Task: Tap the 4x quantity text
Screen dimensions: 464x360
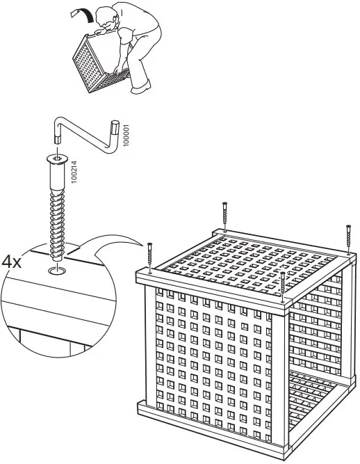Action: click(12, 262)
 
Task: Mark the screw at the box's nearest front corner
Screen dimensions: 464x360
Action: click(283, 285)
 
